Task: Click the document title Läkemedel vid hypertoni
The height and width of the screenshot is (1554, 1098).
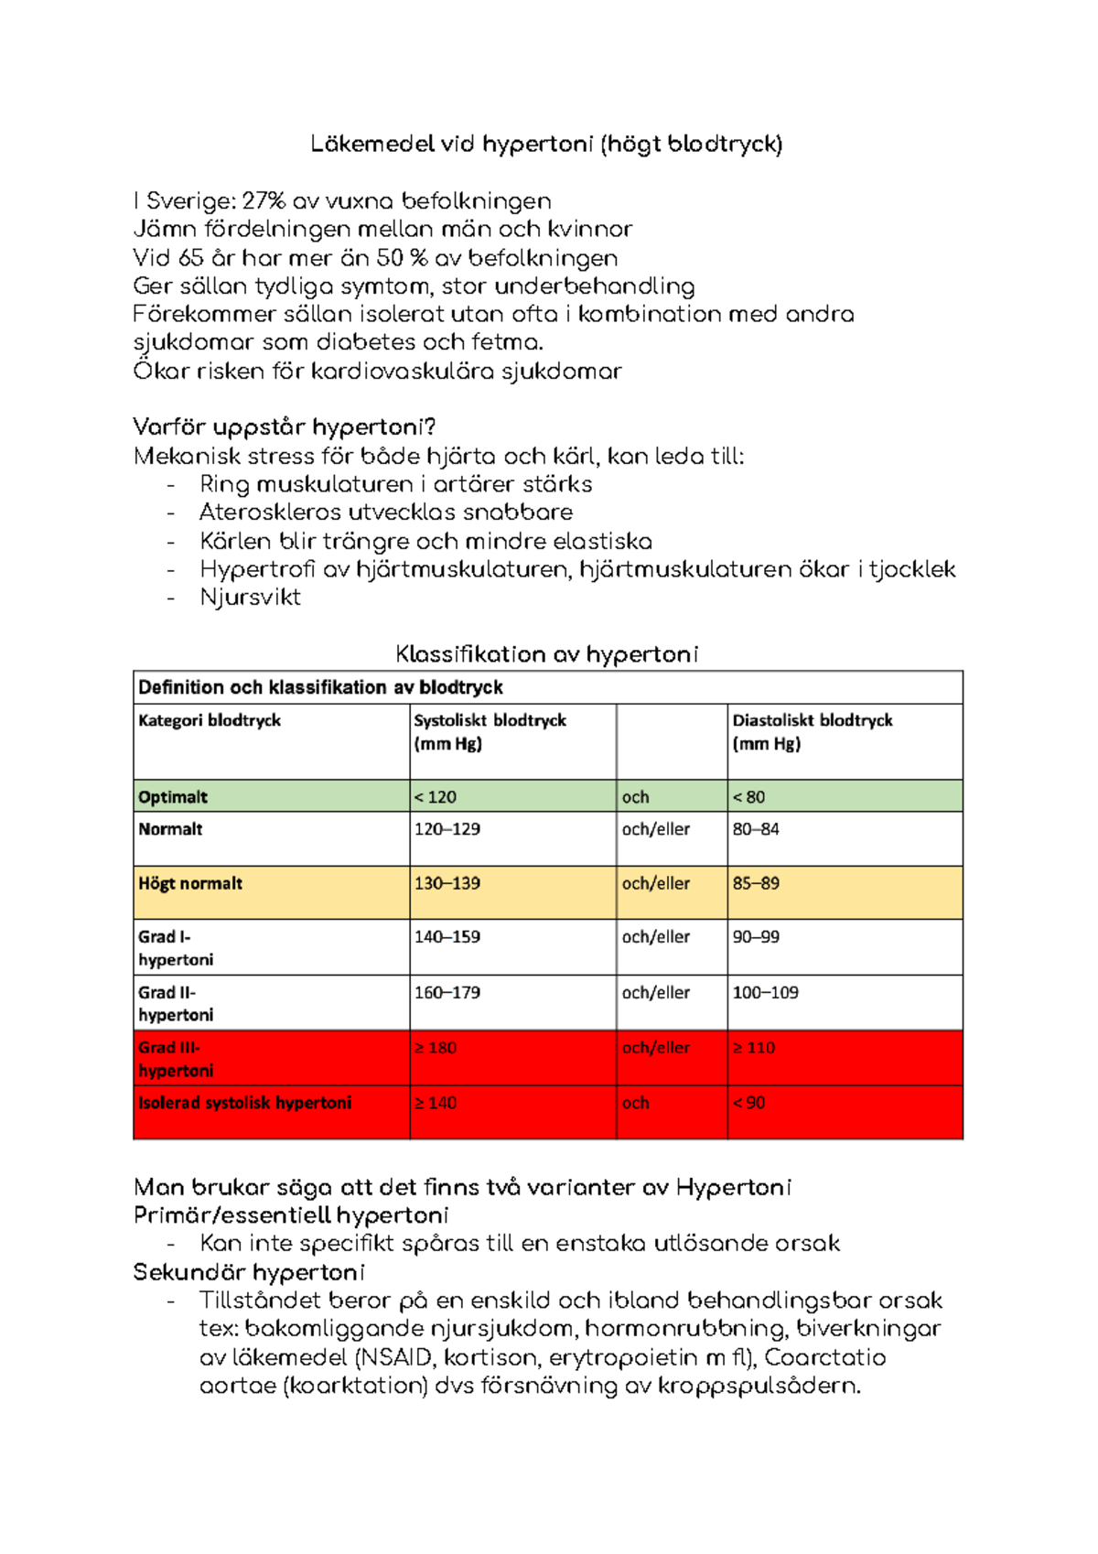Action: coord(546,145)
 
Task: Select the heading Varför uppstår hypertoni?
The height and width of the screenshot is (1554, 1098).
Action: coord(284,427)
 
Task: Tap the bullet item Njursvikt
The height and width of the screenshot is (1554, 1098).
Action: coord(250,598)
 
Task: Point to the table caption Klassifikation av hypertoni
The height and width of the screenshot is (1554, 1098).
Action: coord(546,654)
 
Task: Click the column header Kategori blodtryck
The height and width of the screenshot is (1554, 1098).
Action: coord(210,721)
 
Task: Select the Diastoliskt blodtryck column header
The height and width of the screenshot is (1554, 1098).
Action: coord(812,721)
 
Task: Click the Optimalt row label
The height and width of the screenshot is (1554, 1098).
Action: coord(173,797)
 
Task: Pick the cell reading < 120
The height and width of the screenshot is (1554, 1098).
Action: coord(435,797)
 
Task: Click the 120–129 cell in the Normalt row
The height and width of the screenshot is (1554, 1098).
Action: coord(447,829)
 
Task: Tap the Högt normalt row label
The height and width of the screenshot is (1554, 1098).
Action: coord(190,884)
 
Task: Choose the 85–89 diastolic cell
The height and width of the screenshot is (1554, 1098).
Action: coord(756,884)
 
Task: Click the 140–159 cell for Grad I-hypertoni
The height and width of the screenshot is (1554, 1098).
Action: coord(447,937)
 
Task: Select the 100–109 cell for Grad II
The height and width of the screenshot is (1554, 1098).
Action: coord(765,993)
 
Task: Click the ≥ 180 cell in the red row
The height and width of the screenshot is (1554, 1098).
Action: coord(435,1048)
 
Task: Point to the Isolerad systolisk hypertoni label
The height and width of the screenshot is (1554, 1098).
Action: coord(244,1104)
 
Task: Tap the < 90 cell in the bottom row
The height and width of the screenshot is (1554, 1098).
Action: coord(748,1104)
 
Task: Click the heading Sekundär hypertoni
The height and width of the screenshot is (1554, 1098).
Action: coord(249,1273)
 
